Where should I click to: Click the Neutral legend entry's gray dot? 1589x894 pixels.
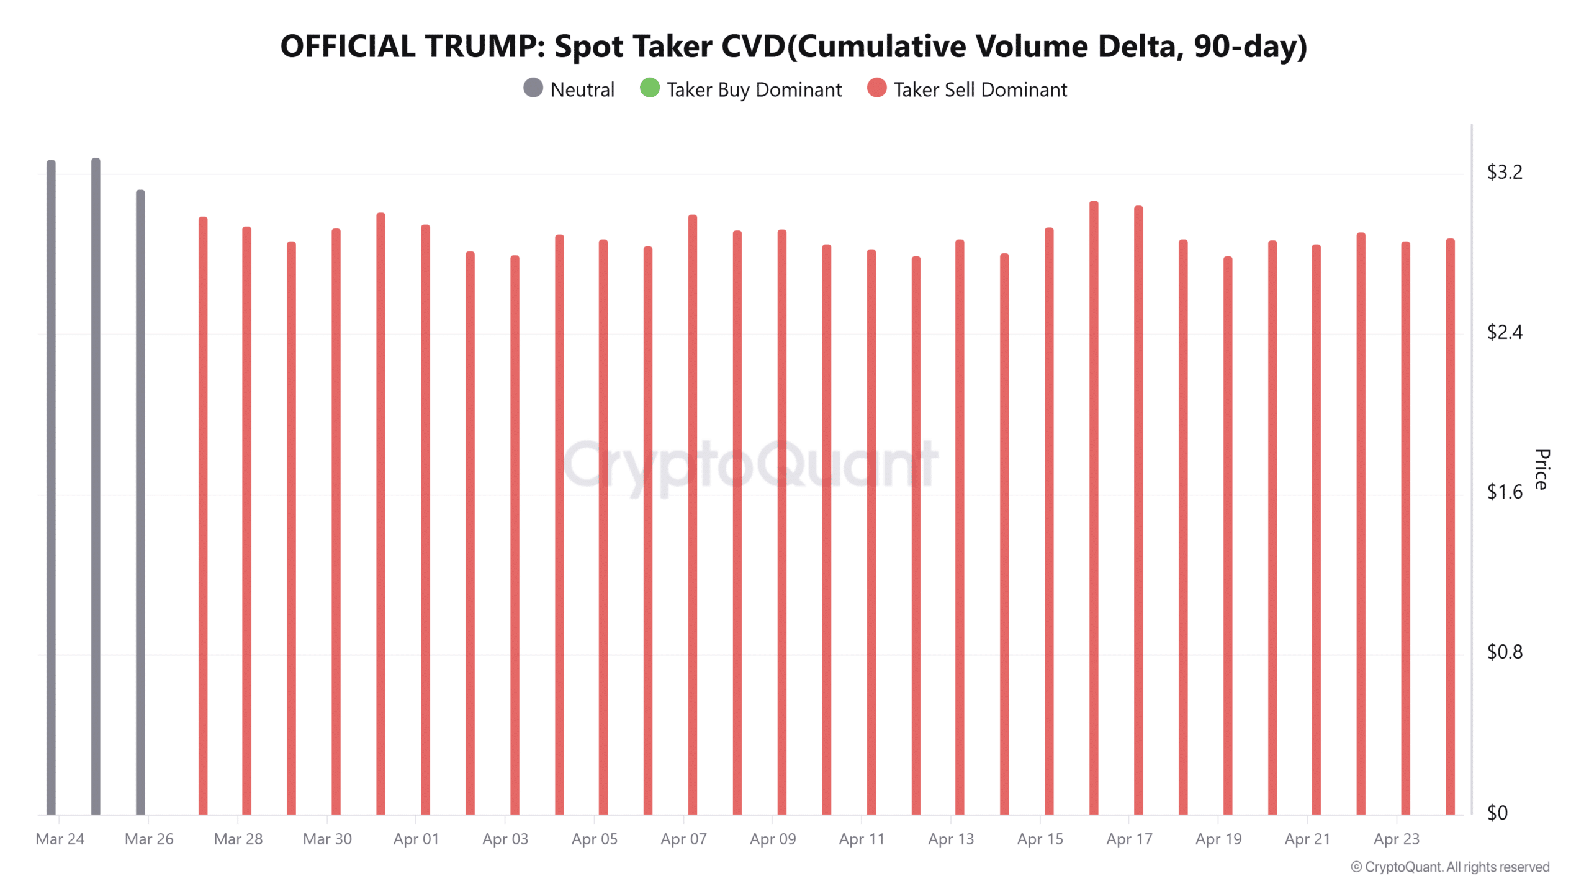coord(533,88)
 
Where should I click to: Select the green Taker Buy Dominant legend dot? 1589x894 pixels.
coord(649,88)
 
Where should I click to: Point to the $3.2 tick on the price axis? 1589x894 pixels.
coord(1504,172)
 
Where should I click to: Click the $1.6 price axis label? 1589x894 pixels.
coord(1504,492)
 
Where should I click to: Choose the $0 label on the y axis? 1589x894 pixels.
coord(1497,813)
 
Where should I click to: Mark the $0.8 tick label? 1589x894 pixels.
coord(1504,652)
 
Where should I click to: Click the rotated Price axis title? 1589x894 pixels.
coord(1541,469)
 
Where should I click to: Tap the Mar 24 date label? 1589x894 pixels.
coord(60,839)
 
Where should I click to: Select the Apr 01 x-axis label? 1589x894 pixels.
coord(416,839)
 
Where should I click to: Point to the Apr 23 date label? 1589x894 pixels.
coord(1396,839)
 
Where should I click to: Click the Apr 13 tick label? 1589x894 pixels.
coord(950,839)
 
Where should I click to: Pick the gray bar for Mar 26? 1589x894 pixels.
coord(140,503)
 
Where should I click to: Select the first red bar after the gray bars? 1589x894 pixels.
coord(202,515)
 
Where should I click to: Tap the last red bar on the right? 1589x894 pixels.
coord(1450,528)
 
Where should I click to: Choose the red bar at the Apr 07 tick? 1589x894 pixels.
coord(692,515)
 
